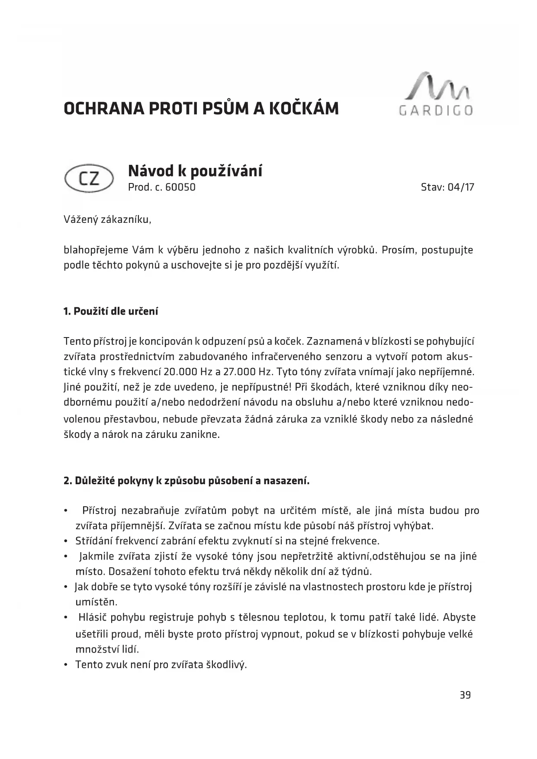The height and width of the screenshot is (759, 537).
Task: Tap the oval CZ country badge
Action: click(x=89, y=179)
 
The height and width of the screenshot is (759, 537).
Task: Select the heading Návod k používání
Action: click(x=195, y=171)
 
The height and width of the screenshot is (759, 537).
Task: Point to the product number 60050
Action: click(x=180, y=187)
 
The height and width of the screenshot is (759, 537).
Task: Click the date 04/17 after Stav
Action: click(x=461, y=187)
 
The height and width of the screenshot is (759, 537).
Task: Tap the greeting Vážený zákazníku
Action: click(x=107, y=219)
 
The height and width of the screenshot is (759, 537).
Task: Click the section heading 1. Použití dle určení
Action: click(x=111, y=312)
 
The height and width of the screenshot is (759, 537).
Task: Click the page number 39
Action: click(x=465, y=695)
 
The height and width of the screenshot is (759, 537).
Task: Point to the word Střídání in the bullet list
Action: click(x=94, y=541)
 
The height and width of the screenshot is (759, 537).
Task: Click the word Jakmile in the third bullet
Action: click(x=96, y=556)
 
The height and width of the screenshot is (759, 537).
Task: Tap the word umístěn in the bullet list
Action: click(x=96, y=602)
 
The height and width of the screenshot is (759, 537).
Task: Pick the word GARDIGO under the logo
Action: click(x=436, y=110)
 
